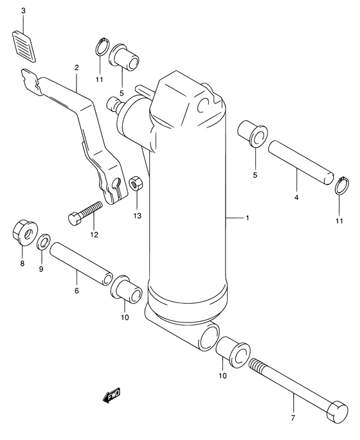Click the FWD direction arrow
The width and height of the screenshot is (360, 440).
tap(112, 396)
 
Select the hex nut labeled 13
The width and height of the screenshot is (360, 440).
tap(136, 184)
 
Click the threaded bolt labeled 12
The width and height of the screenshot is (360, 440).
tap(85, 213)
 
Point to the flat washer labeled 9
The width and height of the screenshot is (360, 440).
tap(44, 241)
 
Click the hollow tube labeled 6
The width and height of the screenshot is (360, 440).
tap(81, 263)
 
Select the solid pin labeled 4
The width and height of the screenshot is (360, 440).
tap(301, 163)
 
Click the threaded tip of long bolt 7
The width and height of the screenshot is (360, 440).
tap(256, 366)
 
